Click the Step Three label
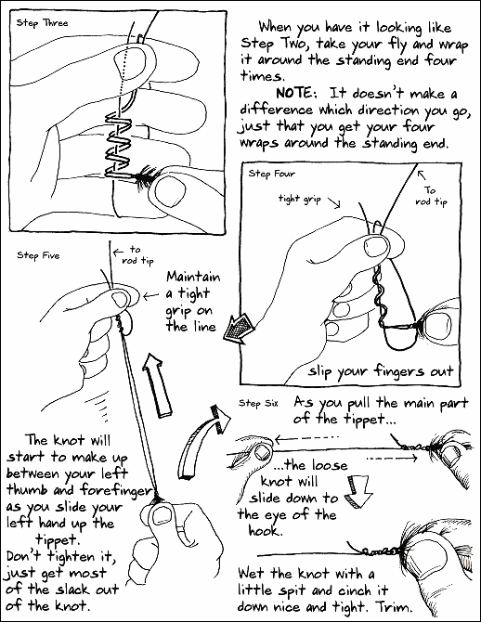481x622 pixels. tap(42, 23)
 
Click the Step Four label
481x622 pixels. tap(272, 174)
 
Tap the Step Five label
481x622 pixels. tap(38, 255)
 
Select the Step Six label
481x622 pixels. tap(258, 404)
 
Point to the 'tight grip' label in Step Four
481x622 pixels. tap(300, 199)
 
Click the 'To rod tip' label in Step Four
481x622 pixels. tap(431, 196)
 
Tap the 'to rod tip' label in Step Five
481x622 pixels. tap(136, 255)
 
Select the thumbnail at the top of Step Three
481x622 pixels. tap(126, 60)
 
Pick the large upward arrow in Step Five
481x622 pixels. tap(158, 384)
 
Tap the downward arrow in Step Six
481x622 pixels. tap(358, 493)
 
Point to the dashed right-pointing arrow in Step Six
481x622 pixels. tap(391, 459)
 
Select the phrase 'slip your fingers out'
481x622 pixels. tap(381, 371)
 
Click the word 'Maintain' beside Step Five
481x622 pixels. tap(193, 276)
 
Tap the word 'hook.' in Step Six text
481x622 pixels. tap(265, 531)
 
